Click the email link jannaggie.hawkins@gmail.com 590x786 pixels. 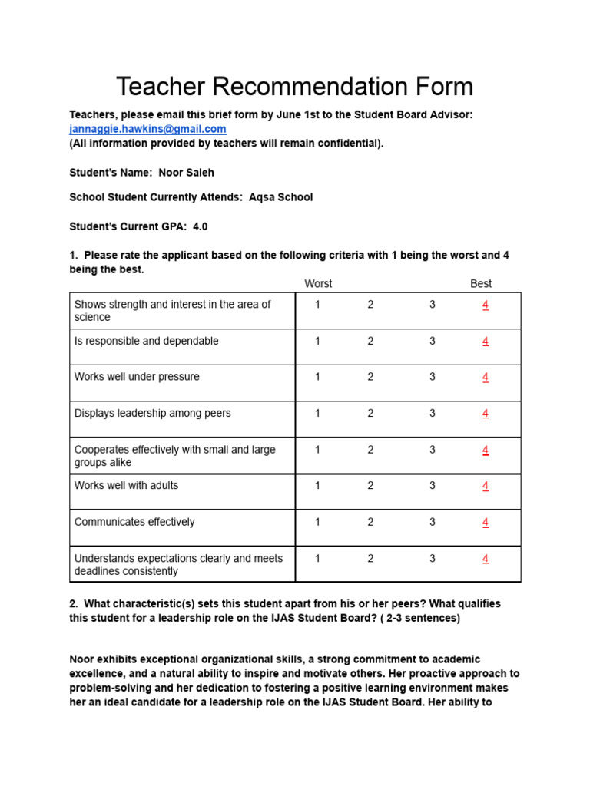[147, 129]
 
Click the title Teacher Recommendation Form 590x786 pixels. [294, 86]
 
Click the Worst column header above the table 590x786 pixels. [318, 283]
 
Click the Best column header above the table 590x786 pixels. [481, 283]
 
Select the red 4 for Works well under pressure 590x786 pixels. [485, 377]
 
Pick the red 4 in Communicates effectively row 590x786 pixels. [485, 522]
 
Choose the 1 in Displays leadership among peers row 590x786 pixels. [317, 413]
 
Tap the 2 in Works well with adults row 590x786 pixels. [370, 485]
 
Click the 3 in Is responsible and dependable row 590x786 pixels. [433, 341]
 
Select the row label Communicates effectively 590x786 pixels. [134, 522]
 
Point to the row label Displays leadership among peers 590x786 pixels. [152, 413]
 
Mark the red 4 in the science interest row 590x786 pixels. [485, 305]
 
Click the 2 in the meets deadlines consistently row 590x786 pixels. [370, 559]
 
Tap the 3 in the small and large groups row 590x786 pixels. [433, 450]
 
